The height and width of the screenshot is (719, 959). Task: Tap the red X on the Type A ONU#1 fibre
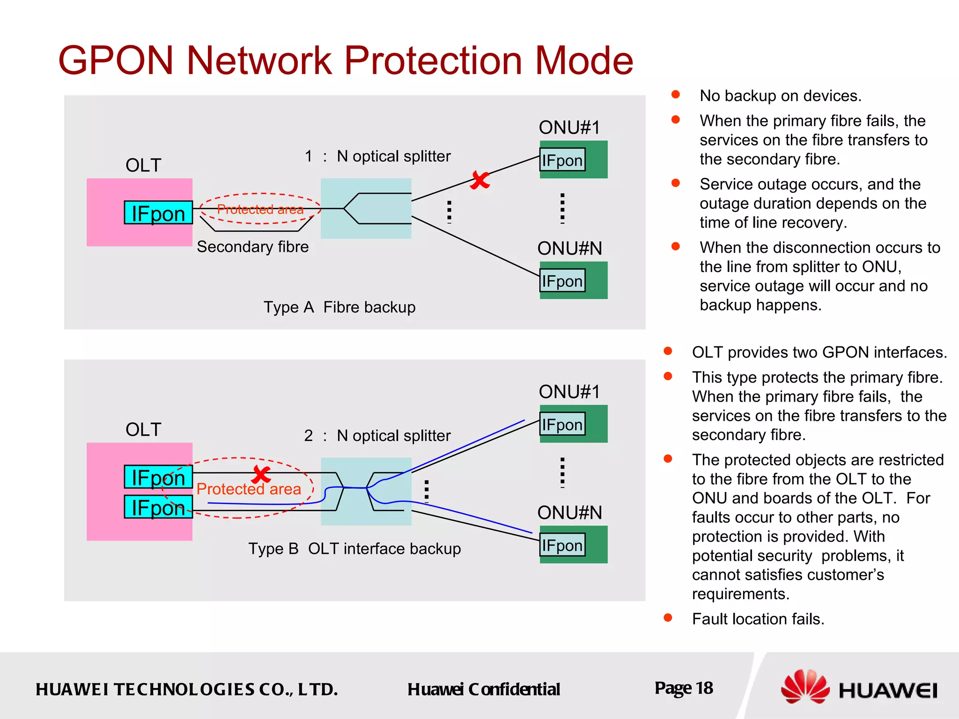pos(480,180)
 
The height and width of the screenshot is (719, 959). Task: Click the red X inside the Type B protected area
pos(261,475)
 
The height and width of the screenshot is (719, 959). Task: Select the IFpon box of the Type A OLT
pos(158,213)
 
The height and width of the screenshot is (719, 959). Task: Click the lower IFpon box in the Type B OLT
pos(158,507)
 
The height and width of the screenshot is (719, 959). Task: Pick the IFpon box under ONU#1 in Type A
pos(562,160)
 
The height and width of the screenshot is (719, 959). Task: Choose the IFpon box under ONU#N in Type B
pos(562,545)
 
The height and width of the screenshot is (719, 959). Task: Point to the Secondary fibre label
pos(252,247)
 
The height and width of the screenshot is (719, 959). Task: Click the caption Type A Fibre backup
pos(339,307)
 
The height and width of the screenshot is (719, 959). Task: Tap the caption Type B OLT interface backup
pos(354,549)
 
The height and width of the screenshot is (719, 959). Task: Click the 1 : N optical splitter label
pos(377,156)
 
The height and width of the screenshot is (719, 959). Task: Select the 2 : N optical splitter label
pos(377,436)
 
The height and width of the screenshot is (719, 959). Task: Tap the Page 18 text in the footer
pos(683,688)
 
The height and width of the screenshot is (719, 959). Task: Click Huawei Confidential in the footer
pos(483,690)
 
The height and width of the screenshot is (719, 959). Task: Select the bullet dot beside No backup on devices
pos(675,95)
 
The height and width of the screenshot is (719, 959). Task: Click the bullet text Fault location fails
pos(758,619)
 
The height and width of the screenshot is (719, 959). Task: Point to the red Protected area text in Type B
pos(249,489)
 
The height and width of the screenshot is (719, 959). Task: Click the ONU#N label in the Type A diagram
pos(569,248)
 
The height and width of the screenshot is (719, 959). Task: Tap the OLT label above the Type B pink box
pos(143,429)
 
